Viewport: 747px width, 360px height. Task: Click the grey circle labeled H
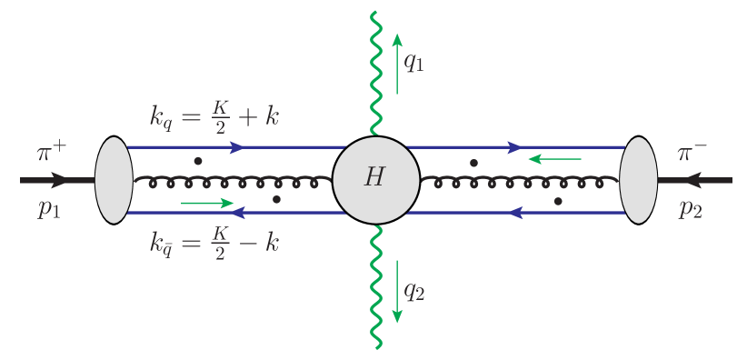(375, 179)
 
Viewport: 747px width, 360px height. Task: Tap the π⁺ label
(51, 152)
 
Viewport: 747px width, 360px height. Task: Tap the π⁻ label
(694, 152)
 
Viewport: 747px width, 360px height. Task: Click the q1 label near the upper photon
(414, 65)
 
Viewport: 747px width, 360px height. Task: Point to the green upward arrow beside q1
(397, 64)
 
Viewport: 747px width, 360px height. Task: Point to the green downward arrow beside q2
(397, 291)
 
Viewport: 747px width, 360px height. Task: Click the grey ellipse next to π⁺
(115, 179)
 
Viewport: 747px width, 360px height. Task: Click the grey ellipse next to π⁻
(638, 179)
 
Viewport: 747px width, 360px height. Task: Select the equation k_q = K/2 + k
(214, 116)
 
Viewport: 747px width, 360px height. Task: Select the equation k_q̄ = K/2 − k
(214, 242)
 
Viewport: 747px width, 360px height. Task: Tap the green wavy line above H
(373, 73)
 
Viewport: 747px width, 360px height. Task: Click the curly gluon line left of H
(232, 181)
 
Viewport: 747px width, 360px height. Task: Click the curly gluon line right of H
(518, 181)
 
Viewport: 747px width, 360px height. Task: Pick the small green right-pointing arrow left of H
(208, 203)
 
